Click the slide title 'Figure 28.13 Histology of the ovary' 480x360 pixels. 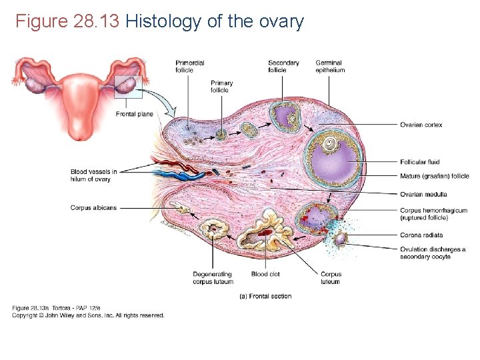point(159,22)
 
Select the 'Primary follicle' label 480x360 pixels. point(222,87)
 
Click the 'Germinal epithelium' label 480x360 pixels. point(330,67)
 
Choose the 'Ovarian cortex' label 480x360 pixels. point(421,125)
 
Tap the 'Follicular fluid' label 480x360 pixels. point(420,162)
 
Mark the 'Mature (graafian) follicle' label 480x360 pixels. point(435,176)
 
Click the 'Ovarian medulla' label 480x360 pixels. point(423,194)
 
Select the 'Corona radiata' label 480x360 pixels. point(421,235)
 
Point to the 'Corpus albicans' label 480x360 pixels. point(93,208)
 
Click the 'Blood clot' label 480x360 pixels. point(265,274)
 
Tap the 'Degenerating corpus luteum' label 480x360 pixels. point(213,278)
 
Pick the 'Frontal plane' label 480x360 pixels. point(135,114)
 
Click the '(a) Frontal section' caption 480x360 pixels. point(265,296)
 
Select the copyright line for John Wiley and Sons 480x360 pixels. point(88,315)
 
